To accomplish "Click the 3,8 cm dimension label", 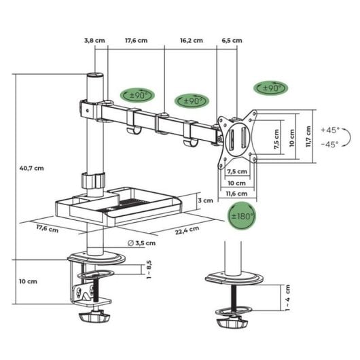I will tap(95, 40).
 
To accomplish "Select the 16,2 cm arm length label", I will tap(192, 40).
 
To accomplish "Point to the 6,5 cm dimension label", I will tap(232, 40).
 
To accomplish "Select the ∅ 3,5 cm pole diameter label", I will tap(141, 242).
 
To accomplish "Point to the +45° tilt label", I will tap(331, 129).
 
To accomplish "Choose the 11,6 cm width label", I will tap(236, 195).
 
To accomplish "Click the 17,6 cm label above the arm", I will tap(136, 40).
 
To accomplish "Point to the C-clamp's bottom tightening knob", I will tap(95, 317).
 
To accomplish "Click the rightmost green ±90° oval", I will tap(270, 88).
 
